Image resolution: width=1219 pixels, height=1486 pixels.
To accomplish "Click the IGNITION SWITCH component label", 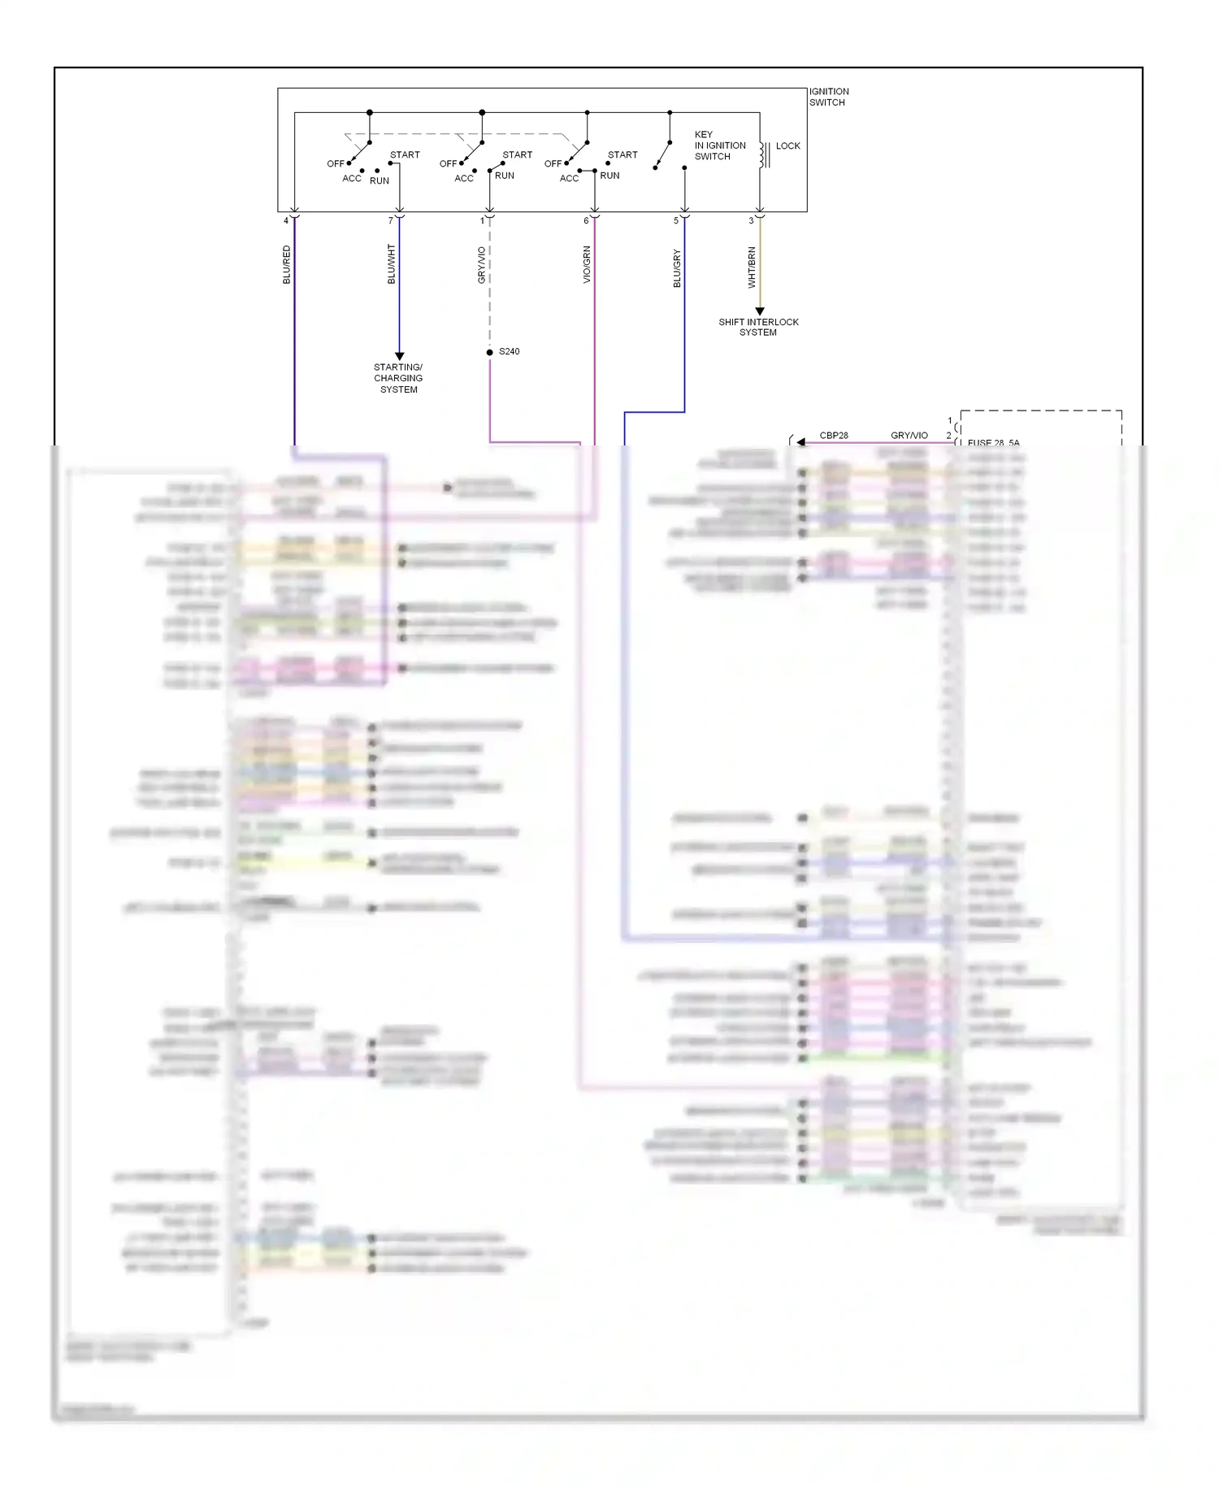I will pyautogui.click(x=828, y=97).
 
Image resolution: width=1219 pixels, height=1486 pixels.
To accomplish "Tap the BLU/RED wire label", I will pyautogui.click(x=286, y=264).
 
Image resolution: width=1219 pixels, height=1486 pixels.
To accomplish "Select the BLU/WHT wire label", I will pyautogui.click(x=391, y=264).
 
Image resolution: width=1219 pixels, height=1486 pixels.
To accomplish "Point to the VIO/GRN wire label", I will pyautogui.click(x=587, y=265).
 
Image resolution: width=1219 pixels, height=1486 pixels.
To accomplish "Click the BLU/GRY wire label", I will pyautogui.click(x=676, y=268).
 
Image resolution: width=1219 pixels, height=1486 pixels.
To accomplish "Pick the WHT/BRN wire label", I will pyautogui.click(x=752, y=267).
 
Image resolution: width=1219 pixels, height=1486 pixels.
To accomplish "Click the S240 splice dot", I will pyautogui.click(x=490, y=352).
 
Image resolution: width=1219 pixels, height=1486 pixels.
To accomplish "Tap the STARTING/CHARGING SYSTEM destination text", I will pyautogui.click(x=398, y=378).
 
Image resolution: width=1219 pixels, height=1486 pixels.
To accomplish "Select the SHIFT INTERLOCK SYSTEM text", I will pyautogui.click(x=758, y=327).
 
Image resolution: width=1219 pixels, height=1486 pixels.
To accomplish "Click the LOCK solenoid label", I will pyautogui.click(x=787, y=146).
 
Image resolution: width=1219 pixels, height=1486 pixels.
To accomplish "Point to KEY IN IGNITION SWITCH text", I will pyautogui.click(x=718, y=146).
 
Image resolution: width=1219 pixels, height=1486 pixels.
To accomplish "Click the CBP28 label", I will pyautogui.click(x=833, y=436).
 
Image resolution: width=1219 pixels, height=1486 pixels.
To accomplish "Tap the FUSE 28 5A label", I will pyautogui.click(x=993, y=443).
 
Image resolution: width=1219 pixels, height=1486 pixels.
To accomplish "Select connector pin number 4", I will pyautogui.click(x=286, y=220).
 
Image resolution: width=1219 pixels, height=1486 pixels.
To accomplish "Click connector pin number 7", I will pyautogui.click(x=391, y=220).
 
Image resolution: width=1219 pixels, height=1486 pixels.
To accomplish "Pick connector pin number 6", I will pyautogui.click(x=586, y=220).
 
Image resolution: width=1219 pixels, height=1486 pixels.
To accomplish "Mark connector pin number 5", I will pyautogui.click(x=676, y=220).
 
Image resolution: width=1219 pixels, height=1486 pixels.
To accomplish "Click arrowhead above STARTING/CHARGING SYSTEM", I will pyautogui.click(x=399, y=356).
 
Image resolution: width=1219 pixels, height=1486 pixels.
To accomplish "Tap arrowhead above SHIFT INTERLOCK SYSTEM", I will pyautogui.click(x=760, y=311).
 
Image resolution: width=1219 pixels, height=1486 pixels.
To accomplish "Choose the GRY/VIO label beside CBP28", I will pyautogui.click(x=909, y=436).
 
